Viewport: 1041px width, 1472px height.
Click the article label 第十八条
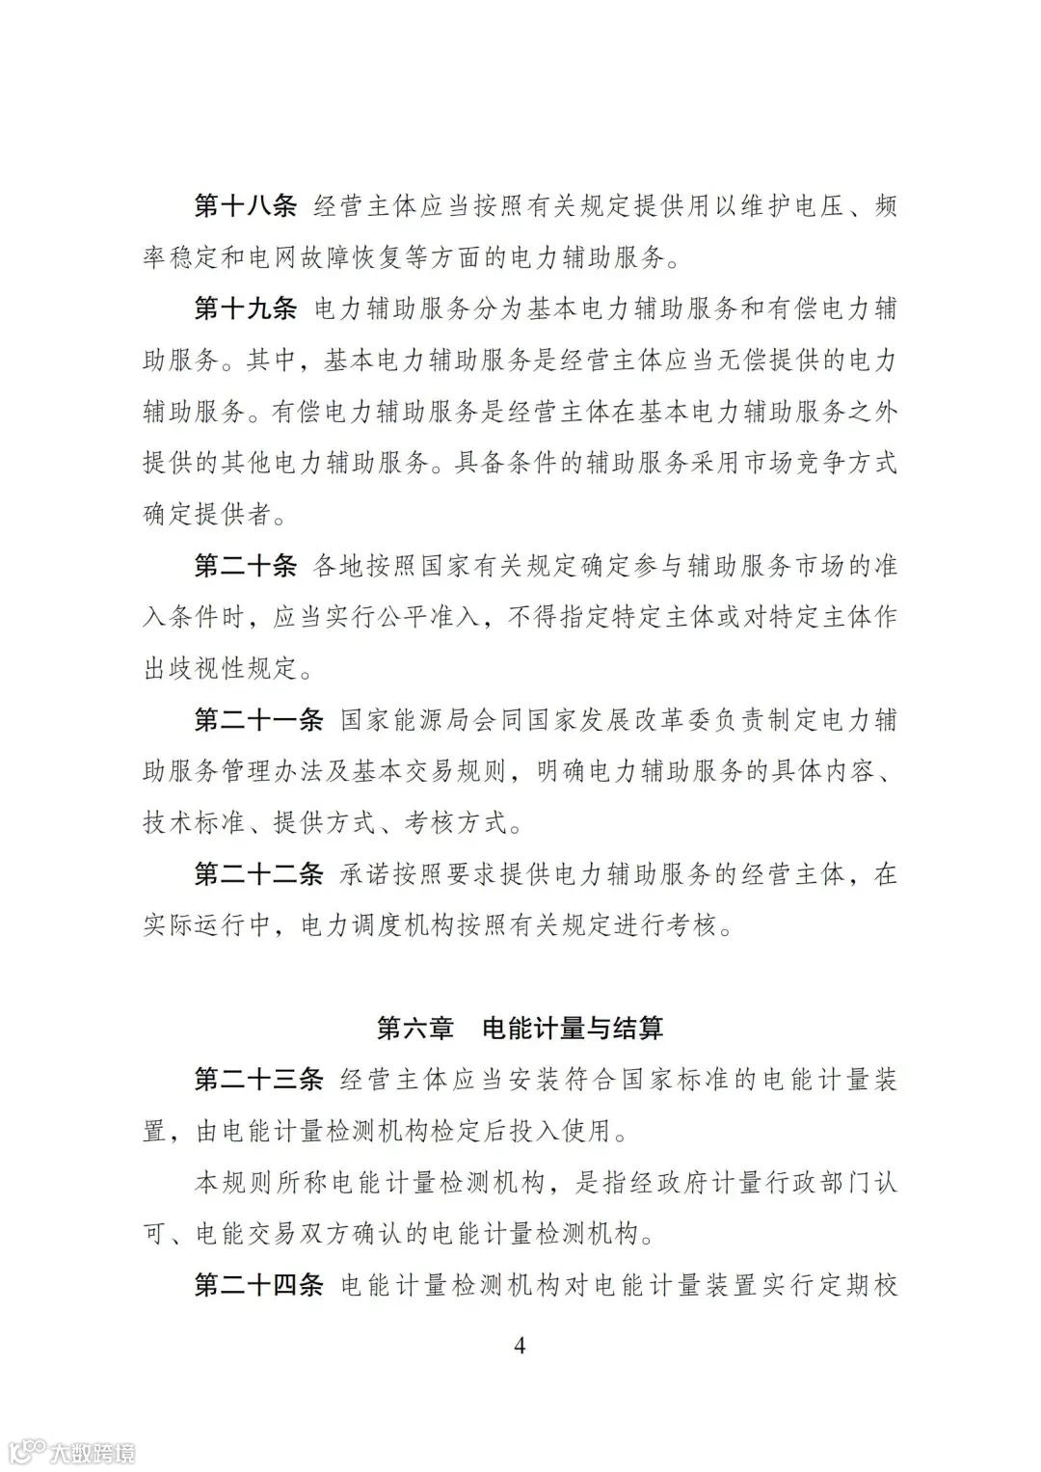click(x=245, y=206)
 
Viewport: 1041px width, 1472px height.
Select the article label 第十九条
click(x=245, y=308)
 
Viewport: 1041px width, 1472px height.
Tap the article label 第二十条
click(x=245, y=566)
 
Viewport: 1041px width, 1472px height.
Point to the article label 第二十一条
click(x=258, y=719)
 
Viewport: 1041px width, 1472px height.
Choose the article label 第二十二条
click(x=258, y=874)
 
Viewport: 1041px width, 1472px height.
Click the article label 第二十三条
click(x=258, y=1080)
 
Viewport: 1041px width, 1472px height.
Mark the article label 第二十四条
click(x=258, y=1285)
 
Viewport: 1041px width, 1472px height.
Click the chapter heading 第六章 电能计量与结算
click(x=520, y=1029)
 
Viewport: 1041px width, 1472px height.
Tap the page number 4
click(x=520, y=1346)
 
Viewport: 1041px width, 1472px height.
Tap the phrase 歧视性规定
click(x=247, y=668)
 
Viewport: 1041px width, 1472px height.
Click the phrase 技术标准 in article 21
click(x=194, y=822)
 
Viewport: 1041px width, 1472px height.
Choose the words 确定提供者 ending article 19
click(x=206, y=514)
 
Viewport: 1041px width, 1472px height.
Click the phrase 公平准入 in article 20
click(x=416, y=617)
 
